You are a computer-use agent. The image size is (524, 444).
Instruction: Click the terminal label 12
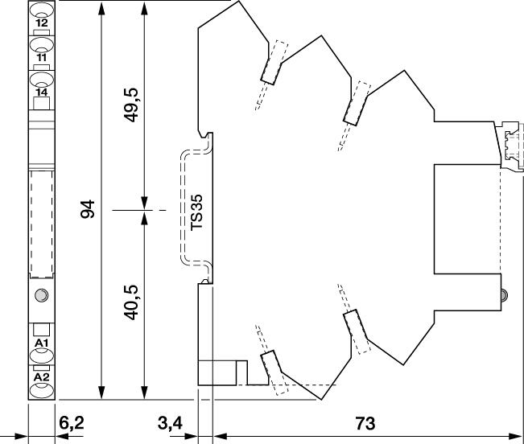tap(42, 23)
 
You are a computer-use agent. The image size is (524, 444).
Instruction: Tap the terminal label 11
tap(42, 57)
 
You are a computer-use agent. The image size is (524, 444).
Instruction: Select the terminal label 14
tap(42, 92)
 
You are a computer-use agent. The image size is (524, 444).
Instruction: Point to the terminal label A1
tap(42, 343)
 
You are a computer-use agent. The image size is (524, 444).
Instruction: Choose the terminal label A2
tap(42, 377)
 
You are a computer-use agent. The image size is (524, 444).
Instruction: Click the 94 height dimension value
tap(88, 209)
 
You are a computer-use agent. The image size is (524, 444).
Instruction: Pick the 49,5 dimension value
tap(130, 105)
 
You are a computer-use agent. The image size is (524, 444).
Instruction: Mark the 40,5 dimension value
tap(130, 302)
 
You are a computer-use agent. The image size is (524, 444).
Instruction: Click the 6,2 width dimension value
tap(72, 423)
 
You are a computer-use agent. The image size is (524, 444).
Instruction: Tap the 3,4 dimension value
tap(170, 423)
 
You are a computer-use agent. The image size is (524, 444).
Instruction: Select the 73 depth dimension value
tap(365, 423)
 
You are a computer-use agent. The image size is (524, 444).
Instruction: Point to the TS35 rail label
tap(196, 212)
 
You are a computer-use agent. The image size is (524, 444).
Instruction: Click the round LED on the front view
tap(41, 294)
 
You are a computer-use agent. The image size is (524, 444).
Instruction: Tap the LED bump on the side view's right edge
tap(505, 294)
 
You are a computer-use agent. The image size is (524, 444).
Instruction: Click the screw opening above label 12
tap(42, 10)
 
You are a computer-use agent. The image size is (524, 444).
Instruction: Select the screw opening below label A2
tap(42, 390)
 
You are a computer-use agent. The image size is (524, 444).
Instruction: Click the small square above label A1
tap(41, 330)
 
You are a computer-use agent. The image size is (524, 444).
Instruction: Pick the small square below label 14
tap(41, 103)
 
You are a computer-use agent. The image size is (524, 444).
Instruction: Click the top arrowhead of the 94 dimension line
tap(101, 9)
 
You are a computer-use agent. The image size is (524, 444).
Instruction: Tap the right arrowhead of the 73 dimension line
tap(514, 436)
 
